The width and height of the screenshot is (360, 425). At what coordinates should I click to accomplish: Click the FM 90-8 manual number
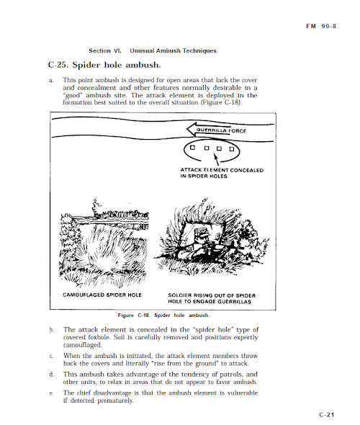coord(321,26)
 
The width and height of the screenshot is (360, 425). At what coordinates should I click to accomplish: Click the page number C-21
coord(327,415)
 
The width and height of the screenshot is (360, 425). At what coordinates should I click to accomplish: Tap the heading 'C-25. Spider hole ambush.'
coord(104,65)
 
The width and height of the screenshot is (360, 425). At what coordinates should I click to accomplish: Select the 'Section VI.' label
coord(105,50)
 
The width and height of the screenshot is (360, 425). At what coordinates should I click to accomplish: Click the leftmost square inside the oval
coord(192,148)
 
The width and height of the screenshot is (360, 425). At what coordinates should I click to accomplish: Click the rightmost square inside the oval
coord(232,149)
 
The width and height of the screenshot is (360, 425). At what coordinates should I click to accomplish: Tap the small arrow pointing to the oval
coord(216,159)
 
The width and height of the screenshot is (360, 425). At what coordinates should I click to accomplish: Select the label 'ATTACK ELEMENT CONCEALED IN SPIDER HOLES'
coord(222,173)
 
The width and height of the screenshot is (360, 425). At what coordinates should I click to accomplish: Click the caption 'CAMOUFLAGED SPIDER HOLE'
coord(102,295)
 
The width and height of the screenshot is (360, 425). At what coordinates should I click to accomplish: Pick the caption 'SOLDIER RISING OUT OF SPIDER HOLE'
coord(212,298)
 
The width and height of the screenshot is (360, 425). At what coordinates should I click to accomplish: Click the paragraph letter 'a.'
coord(51,81)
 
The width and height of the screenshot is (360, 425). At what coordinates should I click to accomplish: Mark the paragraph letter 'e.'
coord(51,393)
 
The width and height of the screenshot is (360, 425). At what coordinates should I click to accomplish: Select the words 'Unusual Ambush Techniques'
coord(173,50)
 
